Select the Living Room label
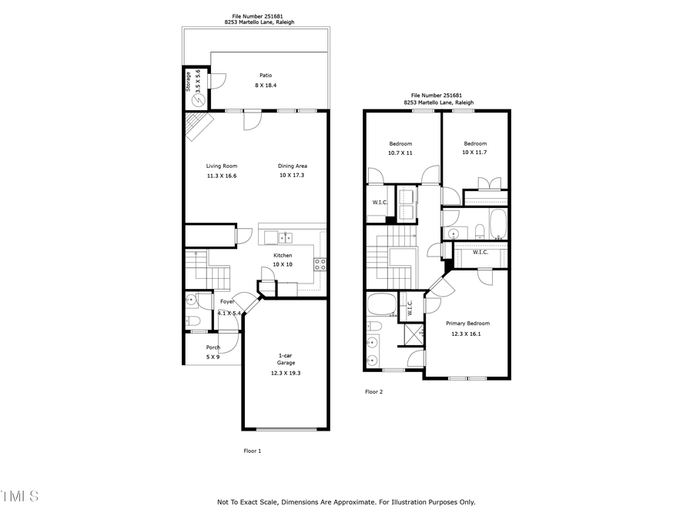221,166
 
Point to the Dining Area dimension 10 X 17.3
293,176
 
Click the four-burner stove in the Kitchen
320,265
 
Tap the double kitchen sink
286,238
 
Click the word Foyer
227,302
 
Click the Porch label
213,347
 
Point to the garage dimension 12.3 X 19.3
286,373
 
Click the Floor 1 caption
253,451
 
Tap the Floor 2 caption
373,391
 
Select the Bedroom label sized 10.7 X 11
400,144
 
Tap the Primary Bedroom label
467,324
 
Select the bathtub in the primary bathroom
381,304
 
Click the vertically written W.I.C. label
410,307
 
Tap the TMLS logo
19,495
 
